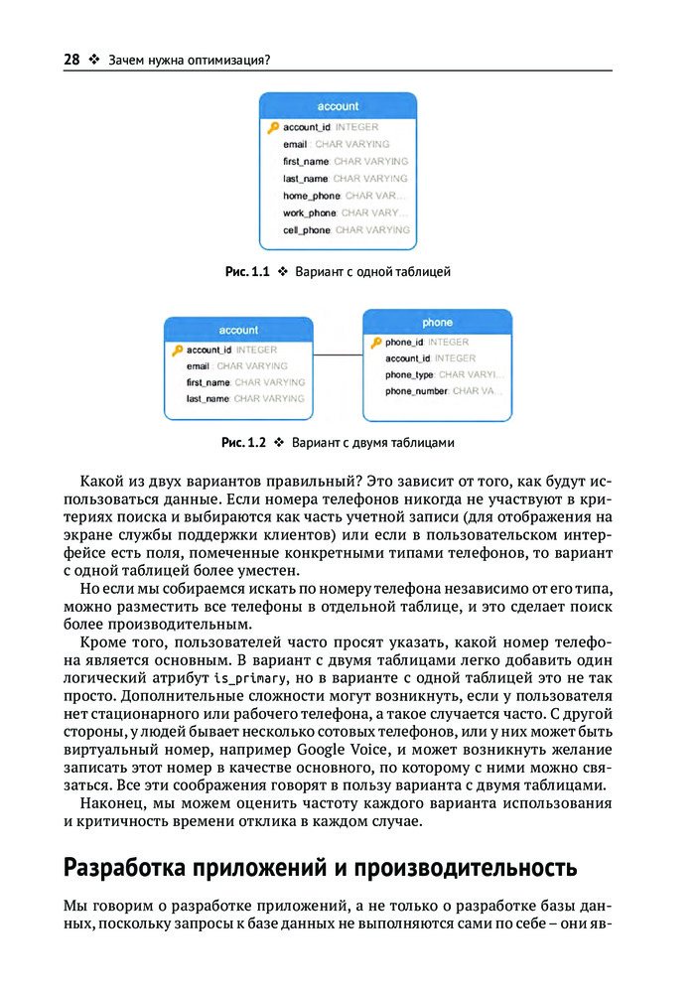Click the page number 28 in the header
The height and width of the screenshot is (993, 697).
coord(71,60)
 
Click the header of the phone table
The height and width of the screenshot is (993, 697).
coord(437,323)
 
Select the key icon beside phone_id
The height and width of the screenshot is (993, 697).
coord(375,343)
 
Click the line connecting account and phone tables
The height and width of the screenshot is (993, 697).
coord(338,355)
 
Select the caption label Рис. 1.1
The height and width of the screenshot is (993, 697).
coord(249,271)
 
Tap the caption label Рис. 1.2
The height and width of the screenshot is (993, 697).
coord(244,442)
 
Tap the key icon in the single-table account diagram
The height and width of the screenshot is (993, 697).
coord(273,127)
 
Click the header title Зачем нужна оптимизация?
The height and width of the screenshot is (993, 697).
coord(190,60)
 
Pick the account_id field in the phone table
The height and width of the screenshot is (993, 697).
coord(429,358)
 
